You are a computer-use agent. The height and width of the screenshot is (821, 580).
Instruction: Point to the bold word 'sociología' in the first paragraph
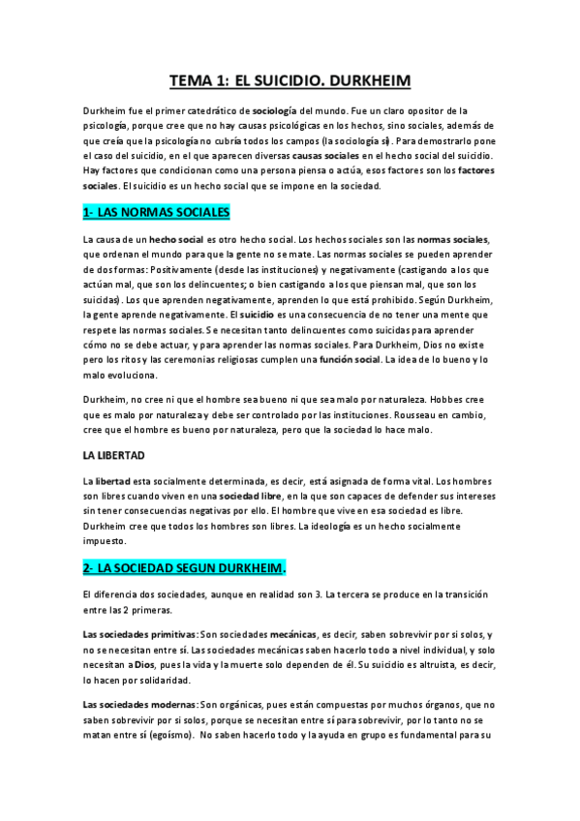coord(278,111)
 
